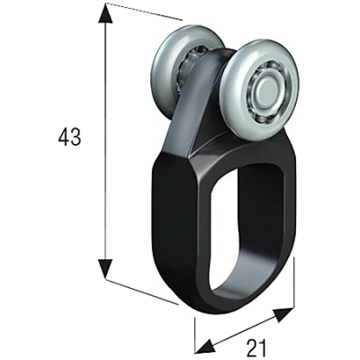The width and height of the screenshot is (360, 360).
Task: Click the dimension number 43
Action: pos(68,138)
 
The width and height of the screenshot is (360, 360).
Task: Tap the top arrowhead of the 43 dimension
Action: pos(106,13)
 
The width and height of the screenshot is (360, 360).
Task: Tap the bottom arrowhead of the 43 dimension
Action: pos(106,267)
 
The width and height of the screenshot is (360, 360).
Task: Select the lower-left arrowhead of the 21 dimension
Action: pos(204,346)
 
